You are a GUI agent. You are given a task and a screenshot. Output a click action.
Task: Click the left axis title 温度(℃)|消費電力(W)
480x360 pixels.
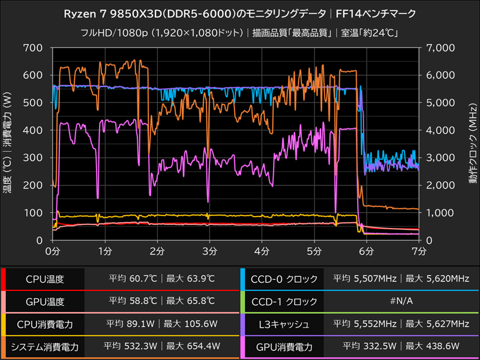point(8,143)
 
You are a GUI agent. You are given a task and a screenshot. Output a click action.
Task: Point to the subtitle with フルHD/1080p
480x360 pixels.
point(240,33)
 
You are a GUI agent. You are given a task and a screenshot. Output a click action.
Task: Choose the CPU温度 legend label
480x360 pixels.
point(45,279)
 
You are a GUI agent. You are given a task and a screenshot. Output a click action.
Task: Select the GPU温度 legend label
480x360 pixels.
point(45,302)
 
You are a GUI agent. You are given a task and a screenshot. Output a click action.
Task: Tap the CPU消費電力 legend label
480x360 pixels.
point(45,324)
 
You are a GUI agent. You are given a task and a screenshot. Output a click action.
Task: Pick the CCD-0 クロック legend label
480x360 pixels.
point(283,279)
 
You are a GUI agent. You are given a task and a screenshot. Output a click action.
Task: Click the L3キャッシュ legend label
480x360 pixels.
point(283,324)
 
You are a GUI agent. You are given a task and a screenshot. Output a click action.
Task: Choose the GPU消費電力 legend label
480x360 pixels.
point(283,346)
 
